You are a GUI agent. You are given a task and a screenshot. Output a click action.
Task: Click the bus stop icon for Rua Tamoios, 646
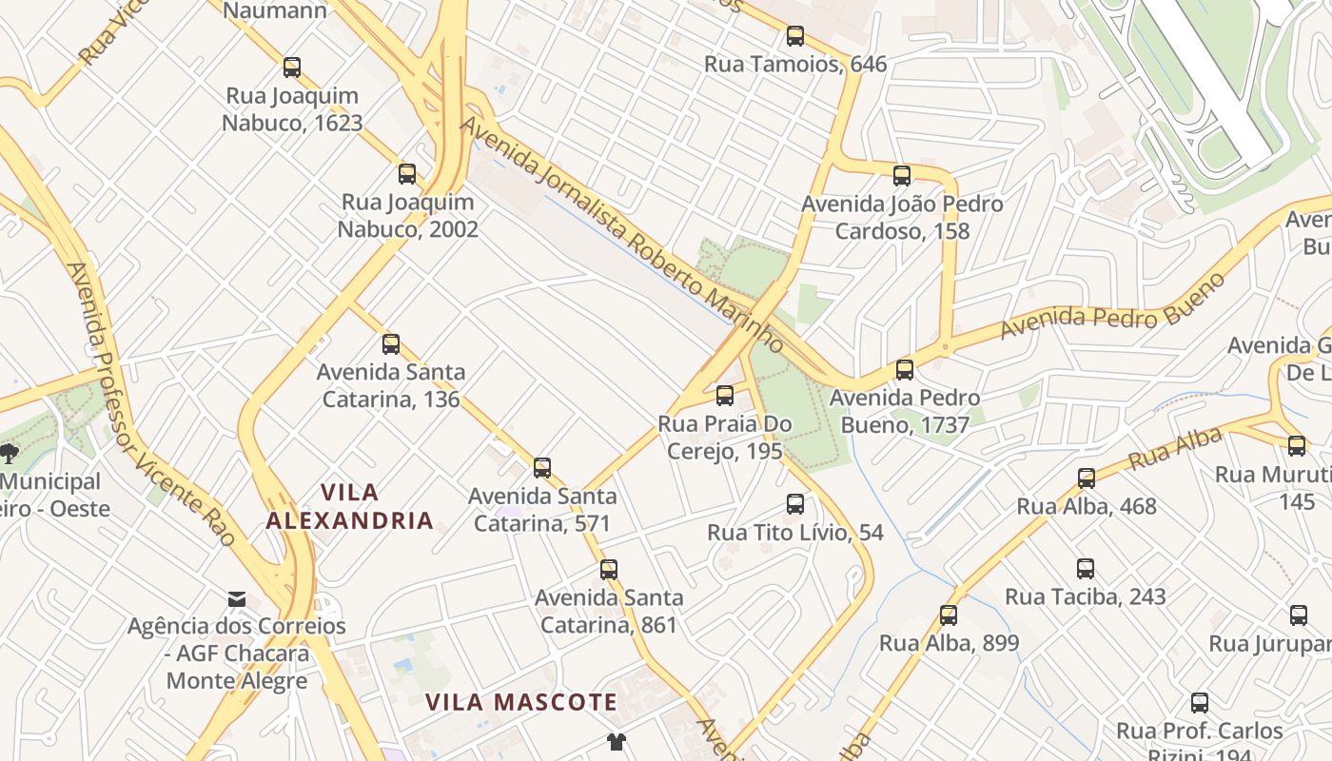[794, 36]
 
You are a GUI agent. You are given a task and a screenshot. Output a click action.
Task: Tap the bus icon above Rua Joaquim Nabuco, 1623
[292, 68]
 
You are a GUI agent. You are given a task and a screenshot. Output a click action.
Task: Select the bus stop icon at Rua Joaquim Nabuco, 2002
[407, 173]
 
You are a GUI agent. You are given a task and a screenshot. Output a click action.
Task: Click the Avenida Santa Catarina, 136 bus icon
[390, 343]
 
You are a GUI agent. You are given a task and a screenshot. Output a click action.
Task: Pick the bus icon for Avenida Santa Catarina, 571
[542, 467]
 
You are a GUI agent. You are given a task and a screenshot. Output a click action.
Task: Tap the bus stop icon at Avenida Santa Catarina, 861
[609, 569]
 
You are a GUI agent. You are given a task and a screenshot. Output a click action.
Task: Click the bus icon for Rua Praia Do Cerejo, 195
[725, 395]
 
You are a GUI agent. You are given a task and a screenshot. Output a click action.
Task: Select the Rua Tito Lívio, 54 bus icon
[795, 504]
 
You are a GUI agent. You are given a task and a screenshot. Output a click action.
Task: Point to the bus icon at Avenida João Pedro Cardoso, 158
[902, 175]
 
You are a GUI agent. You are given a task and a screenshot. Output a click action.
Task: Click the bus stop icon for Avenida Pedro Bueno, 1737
[905, 369]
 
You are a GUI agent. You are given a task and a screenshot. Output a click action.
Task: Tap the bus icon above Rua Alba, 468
[1087, 478]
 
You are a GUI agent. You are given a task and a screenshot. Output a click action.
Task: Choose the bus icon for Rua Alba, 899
[949, 615]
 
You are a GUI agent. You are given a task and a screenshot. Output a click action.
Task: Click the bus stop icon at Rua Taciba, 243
[1086, 569]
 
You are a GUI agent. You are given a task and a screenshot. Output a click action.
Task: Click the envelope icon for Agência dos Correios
[237, 598]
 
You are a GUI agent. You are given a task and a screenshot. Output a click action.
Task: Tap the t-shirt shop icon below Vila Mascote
[617, 741]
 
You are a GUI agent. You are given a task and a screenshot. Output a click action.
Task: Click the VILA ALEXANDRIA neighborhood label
[349, 506]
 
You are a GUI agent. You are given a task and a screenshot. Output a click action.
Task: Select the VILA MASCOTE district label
[520, 703]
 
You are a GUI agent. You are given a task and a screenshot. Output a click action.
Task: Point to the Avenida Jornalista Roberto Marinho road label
[623, 233]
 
